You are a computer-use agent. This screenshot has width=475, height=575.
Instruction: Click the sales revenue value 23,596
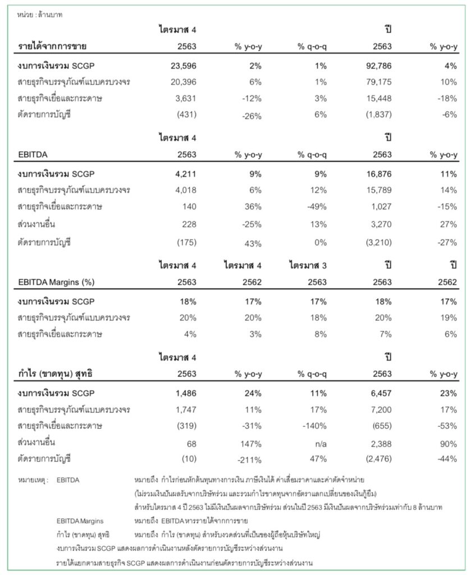pos(183,66)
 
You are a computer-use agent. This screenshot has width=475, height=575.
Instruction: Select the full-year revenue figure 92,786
pos(380,66)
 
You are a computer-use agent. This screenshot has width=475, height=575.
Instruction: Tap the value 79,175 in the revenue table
pos(380,82)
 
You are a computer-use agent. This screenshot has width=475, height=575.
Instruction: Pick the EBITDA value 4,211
pos(186,174)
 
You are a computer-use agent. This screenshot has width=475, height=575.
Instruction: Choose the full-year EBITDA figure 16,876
pos(380,174)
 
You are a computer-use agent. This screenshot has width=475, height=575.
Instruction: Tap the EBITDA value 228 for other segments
pos(189,224)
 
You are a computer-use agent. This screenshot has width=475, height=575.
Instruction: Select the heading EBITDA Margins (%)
pos(51,281)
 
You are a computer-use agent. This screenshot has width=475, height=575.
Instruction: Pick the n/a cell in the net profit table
pos(319,443)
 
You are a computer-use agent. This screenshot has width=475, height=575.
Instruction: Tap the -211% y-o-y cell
pos(250,460)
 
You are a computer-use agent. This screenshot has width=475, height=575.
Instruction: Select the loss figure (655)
pos(381,426)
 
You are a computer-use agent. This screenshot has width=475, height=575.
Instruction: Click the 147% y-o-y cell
pos(251,443)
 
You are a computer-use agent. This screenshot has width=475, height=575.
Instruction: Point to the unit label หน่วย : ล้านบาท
pos(41,15)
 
